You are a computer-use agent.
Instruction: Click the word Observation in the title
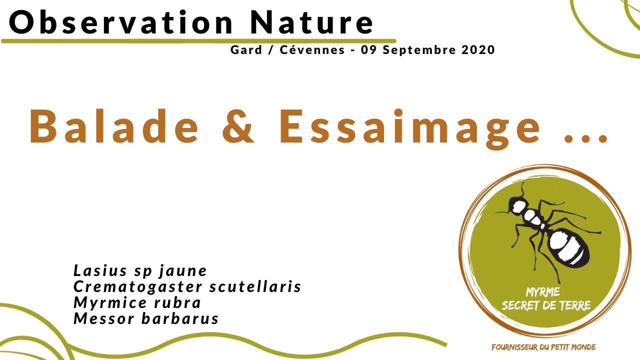121,22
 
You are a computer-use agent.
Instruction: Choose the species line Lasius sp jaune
140,271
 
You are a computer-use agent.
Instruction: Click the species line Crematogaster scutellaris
187,286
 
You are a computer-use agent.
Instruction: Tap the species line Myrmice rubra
137,302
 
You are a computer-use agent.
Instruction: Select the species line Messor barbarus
146,318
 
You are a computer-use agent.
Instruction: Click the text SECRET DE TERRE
546,305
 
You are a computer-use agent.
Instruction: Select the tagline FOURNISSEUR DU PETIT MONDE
543,347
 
